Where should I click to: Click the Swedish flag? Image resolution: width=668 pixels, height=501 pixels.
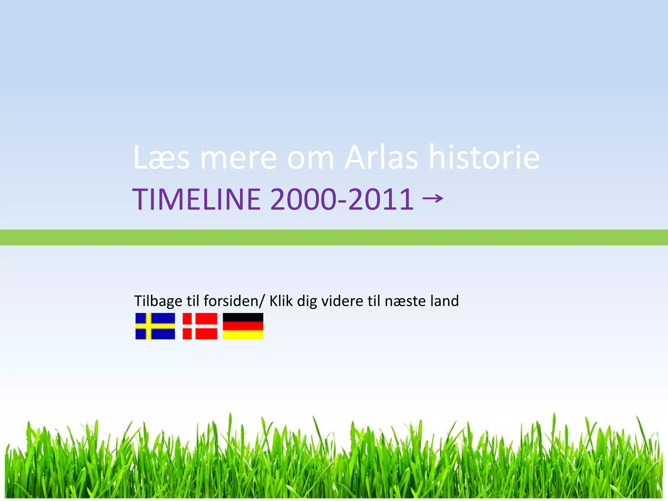coord(155,326)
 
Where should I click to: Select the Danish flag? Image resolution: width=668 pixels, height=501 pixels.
coord(200,326)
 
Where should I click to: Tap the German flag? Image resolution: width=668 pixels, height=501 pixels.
coord(243,326)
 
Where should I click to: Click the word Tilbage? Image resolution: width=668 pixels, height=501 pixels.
coord(158,301)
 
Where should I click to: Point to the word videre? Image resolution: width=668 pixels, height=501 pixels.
coord(342,301)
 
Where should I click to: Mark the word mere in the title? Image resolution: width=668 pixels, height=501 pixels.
coord(238,158)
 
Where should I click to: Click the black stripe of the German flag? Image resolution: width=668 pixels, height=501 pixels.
coord(243,317)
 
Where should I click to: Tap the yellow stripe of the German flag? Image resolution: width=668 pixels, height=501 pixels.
coord(243,335)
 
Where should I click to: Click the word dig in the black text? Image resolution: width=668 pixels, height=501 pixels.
coord(307,301)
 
